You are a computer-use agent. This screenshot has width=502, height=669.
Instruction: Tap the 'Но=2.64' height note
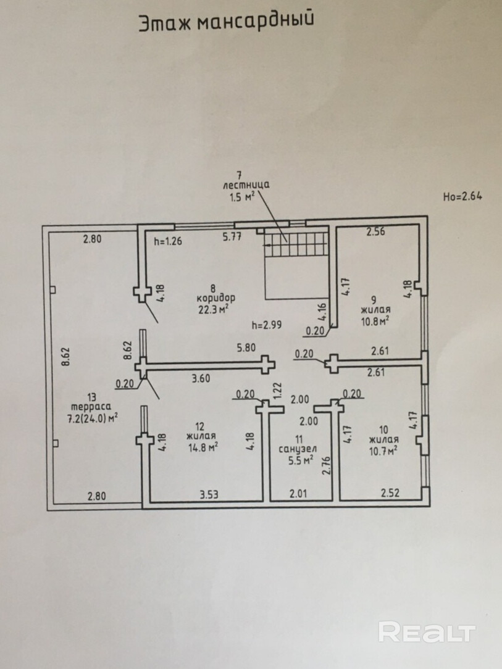click(x=462, y=196)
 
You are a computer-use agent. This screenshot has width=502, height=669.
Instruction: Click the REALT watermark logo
click(x=427, y=632)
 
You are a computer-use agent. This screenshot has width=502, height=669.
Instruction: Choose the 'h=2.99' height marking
click(x=267, y=325)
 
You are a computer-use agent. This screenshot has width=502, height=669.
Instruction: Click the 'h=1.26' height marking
click(x=168, y=241)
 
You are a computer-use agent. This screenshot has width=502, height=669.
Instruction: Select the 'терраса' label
click(x=91, y=407)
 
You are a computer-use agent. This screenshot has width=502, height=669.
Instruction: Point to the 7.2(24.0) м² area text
click(x=92, y=418)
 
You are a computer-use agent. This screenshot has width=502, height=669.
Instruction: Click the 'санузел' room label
click(x=298, y=449)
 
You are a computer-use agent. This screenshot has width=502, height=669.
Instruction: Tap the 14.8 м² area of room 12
click(x=203, y=447)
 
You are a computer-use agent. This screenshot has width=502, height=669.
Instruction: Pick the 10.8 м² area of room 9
click(x=375, y=320)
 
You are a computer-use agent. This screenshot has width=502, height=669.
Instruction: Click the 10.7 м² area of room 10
click(x=383, y=450)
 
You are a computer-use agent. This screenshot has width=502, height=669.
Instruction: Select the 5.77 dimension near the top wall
click(x=232, y=237)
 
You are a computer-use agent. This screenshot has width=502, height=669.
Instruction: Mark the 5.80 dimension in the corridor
click(x=246, y=347)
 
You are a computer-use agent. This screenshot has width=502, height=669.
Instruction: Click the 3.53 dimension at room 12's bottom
click(x=209, y=494)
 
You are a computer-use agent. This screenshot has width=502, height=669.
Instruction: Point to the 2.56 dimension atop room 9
click(x=375, y=231)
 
